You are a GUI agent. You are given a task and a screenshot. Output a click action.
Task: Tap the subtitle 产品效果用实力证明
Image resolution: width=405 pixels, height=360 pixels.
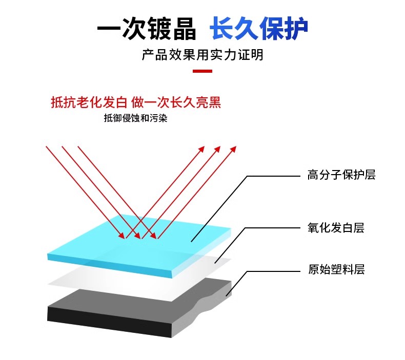[202, 55]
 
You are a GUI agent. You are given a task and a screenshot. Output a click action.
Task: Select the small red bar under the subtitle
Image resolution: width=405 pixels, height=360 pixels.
[202, 71]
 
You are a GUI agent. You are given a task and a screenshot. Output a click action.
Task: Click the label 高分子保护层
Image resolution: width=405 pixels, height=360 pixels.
[341, 175]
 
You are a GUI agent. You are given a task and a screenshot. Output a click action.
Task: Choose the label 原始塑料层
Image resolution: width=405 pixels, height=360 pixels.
[336, 269]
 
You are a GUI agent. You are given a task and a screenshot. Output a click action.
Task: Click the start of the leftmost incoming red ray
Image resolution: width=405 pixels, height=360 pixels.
[47, 147]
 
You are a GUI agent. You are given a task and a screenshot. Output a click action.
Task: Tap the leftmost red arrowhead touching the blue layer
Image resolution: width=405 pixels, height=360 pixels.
[122, 236]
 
